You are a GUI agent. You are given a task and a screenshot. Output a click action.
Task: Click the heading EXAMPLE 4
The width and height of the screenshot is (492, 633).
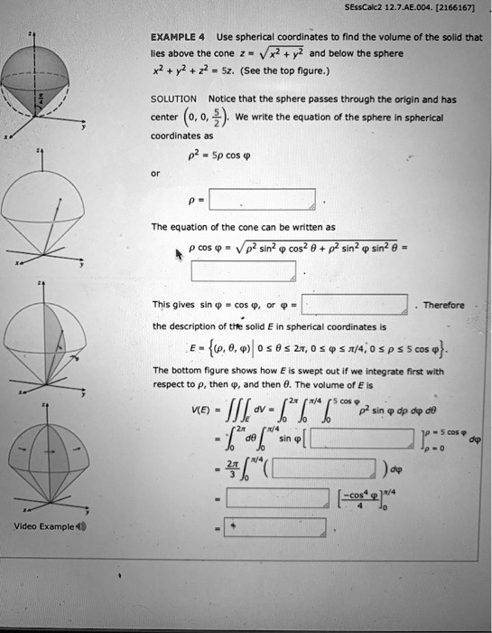[178, 38]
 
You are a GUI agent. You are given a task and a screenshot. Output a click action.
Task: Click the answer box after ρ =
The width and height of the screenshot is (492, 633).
[262, 198]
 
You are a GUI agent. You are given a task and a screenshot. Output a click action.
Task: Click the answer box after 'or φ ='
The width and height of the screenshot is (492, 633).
[355, 304]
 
